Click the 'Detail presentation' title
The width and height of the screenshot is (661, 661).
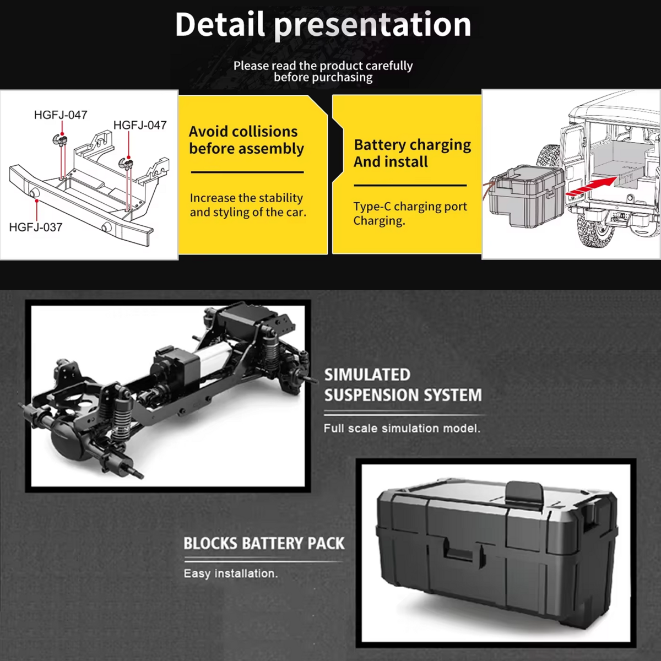click(x=323, y=24)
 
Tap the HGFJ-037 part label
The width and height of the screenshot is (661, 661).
click(x=36, y=227)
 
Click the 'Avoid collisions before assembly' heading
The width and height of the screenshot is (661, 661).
click(x=246, y=140)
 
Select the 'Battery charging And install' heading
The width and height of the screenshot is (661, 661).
click(x=412, y=153)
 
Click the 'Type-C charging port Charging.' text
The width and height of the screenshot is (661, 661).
click(x=410, y=213)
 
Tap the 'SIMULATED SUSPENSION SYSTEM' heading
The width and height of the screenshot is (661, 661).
click(x=403, y=385)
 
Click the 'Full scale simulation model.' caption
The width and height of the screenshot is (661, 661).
click(x=402, y=428)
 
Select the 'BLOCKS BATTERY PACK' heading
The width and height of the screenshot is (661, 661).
click(x=264, y=544)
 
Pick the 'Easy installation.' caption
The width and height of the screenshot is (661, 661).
click(x=230, y=573)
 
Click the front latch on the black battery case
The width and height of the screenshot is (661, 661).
click(x=460, y=552)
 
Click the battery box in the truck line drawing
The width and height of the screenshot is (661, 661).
click(x=526, y=196)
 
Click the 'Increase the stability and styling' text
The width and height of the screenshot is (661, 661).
click(x=247, y=205)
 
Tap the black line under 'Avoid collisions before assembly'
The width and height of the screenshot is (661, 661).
click(x=247, y=172)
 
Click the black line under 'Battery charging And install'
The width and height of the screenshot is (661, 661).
click(x=410, y=186)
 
